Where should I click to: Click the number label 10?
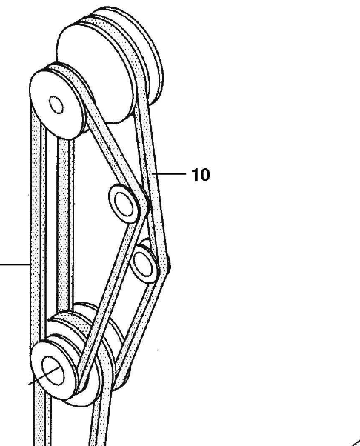[201, 174]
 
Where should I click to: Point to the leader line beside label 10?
[169, 173]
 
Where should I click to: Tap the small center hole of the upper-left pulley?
[56, 104]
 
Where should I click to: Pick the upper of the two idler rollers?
[124, 204]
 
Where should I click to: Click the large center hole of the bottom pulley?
[53, 370]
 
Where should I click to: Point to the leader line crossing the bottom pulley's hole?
[44, 376]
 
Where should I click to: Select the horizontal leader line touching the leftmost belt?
[15, 264]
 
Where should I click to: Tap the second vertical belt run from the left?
[64, 222]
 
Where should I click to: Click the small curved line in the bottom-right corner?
[356, 442]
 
